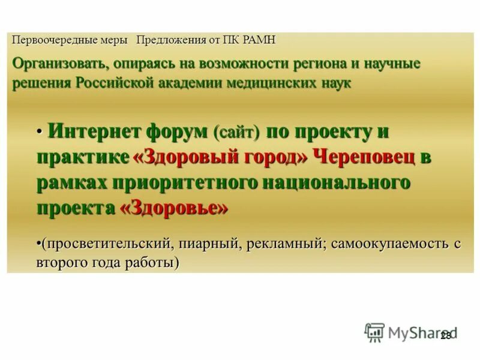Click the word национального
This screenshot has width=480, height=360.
[329, 182]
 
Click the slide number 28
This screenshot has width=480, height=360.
[445, 337]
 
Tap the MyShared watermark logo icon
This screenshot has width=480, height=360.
[374, 332]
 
